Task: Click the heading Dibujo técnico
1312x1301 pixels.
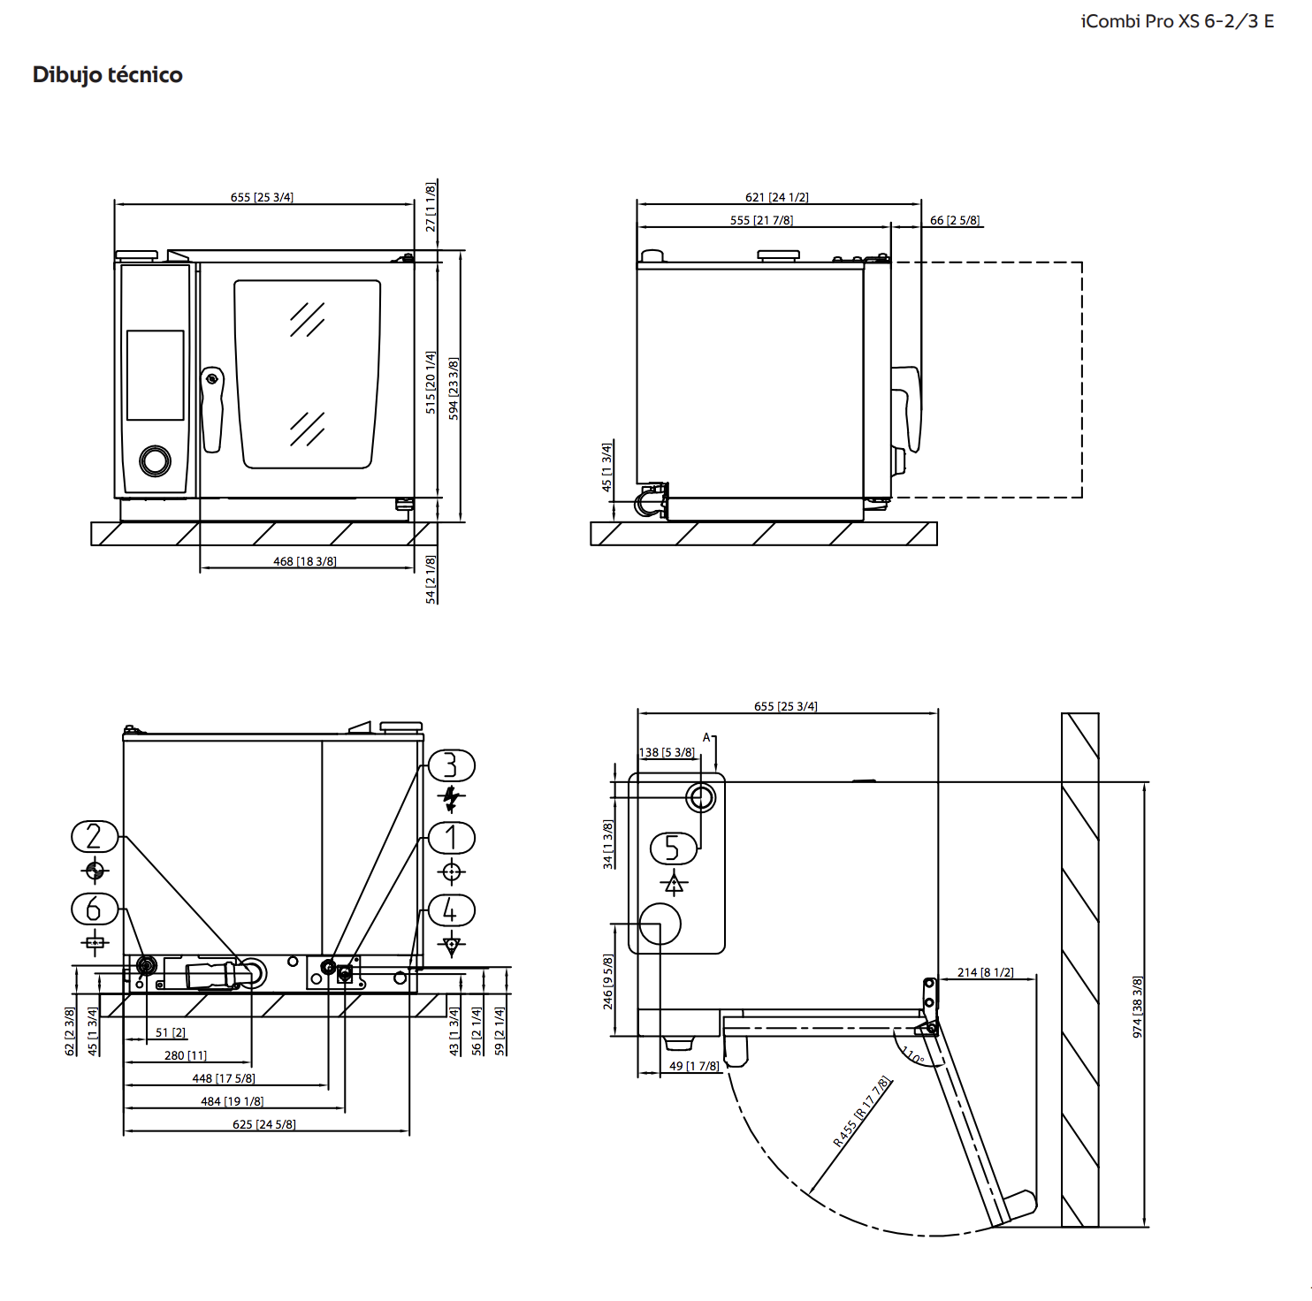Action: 107,75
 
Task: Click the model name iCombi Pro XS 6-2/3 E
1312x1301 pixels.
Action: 1177,21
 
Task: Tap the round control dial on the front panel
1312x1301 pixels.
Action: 156,460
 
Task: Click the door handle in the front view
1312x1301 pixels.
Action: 212,408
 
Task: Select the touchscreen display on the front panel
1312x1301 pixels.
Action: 156,375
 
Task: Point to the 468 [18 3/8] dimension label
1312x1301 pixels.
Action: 304,561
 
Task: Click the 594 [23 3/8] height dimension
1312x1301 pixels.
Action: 454,388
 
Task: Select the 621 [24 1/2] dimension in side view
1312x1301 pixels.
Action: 776,197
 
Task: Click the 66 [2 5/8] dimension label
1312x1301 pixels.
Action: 955,220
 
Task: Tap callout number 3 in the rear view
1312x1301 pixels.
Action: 451,765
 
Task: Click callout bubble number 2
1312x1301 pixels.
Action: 95,836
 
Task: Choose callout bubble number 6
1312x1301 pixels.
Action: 95,909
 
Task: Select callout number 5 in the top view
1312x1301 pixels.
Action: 673,848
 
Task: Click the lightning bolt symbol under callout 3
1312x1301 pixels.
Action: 451,798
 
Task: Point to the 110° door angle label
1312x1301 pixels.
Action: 912,1055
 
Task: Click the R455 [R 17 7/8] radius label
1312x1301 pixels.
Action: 861,1112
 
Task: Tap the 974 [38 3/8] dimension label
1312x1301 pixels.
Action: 1138,1007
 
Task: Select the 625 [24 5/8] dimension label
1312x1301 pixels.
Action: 263,1124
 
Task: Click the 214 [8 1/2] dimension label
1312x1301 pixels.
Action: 985,972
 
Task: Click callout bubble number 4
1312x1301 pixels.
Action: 451,910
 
